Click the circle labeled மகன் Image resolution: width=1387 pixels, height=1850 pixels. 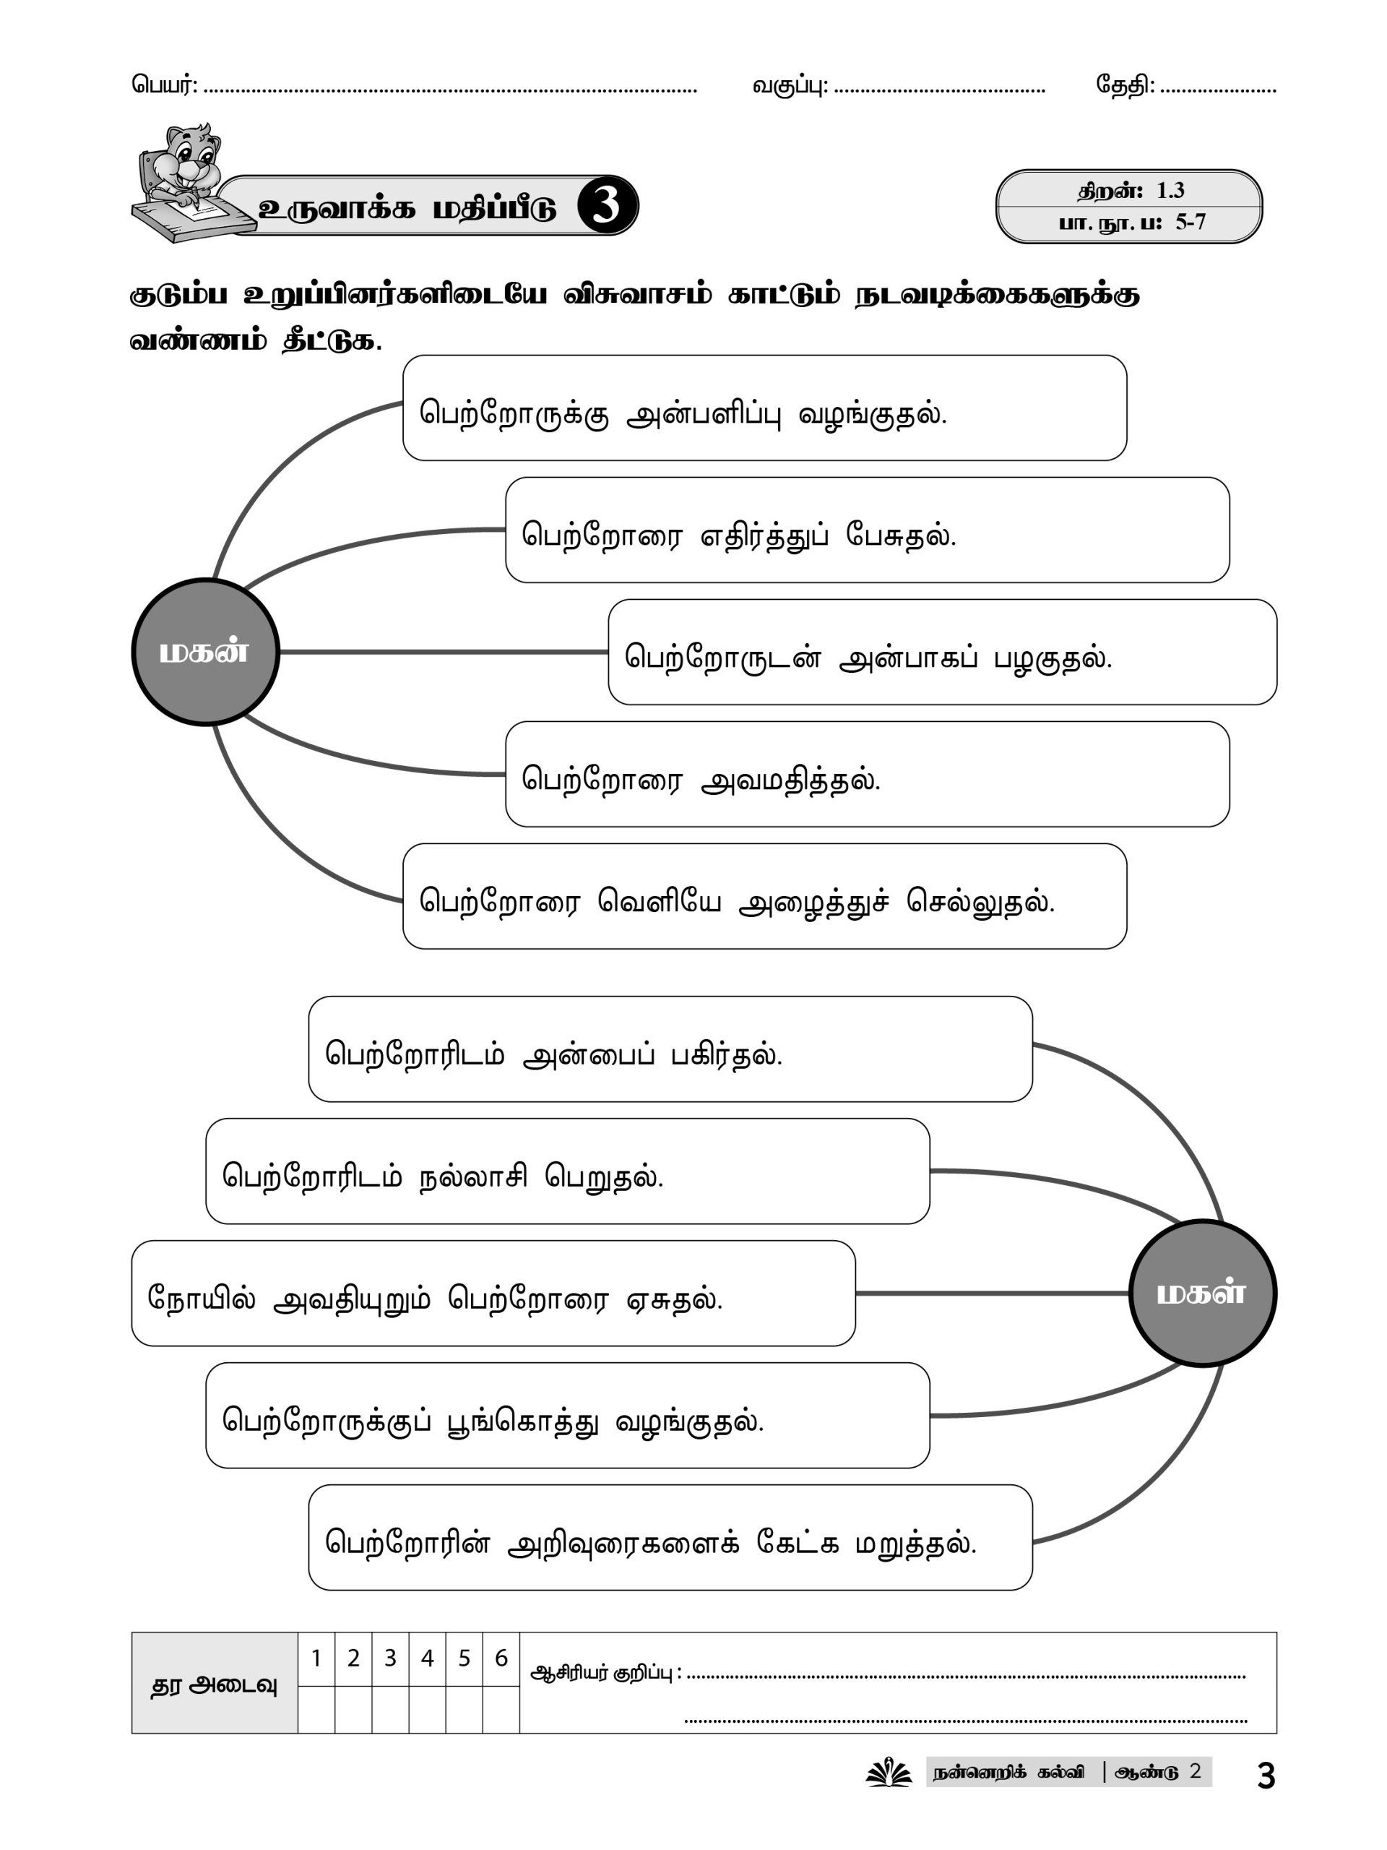(x=205, y=652)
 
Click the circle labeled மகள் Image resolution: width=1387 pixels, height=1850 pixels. (x=1202, y=1293)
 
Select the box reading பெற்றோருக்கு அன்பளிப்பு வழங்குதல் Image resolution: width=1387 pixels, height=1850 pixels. (x=764, y=408)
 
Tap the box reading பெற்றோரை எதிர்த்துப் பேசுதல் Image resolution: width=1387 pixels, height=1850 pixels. (x=867, y=530)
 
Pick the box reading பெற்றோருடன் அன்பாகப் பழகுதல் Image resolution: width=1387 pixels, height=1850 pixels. (x=942, y=653)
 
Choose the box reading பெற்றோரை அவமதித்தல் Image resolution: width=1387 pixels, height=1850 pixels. (x=867, y=775)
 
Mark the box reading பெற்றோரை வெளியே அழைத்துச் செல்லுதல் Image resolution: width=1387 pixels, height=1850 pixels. (x=764, y=897)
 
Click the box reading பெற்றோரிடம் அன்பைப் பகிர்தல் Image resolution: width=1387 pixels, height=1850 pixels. (x=670, y=1049)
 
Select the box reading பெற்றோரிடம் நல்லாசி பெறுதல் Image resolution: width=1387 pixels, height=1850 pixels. (x=568, y=1171)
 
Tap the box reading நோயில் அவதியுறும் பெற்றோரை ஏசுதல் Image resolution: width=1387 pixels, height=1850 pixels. (x=493, y=1294)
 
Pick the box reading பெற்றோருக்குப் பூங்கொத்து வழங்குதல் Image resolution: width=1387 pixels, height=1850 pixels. (x=568, y=1416)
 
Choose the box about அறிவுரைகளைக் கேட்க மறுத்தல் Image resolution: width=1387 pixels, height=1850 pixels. (x=670, y=1538)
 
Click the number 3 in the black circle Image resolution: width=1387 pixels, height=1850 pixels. (x=606, y=206)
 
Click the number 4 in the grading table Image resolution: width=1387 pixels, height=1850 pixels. (x=427, y=1658)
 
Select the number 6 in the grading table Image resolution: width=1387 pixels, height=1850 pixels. (x=501, y=1658)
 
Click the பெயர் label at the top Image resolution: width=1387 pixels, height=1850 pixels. (x=164, y=85)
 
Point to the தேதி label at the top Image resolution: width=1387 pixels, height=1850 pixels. (x=1125, y=85)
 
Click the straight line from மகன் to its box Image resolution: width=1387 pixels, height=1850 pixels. (x=443, y=652)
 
